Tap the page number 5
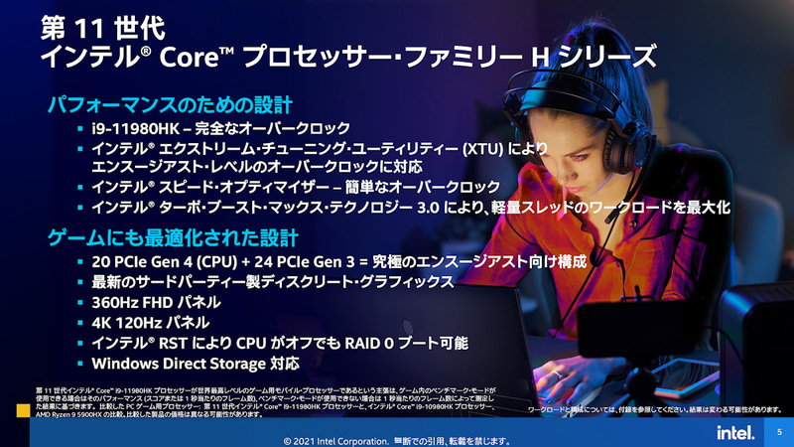[779, 432]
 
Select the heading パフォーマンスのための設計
[172, 103]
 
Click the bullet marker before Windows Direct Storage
[81, 363]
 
